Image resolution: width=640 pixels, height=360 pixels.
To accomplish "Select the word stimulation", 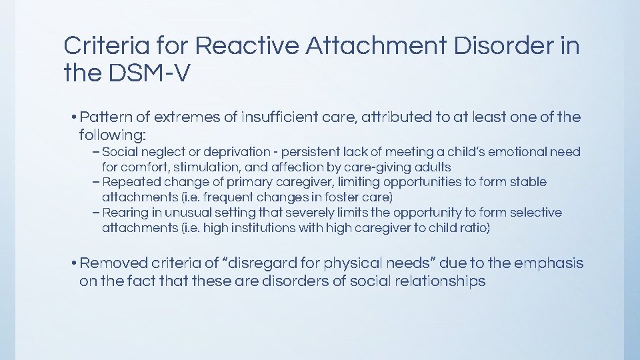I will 203,167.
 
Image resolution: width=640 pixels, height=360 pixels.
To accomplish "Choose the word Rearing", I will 124,213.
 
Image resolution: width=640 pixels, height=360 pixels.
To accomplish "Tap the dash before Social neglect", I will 97,152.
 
